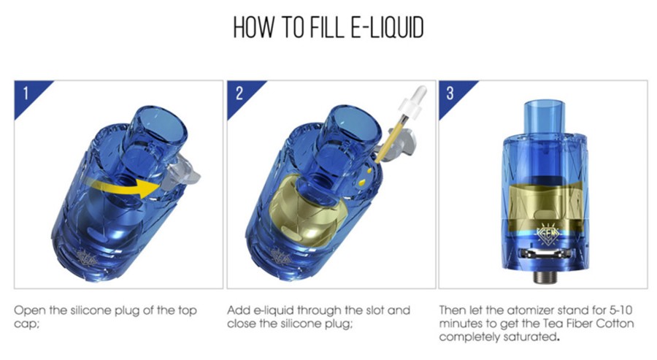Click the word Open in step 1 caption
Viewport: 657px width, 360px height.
click(30, 311)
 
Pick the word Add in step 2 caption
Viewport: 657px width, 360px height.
click(239, 310)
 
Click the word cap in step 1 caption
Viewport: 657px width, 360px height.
click(25, 325)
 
